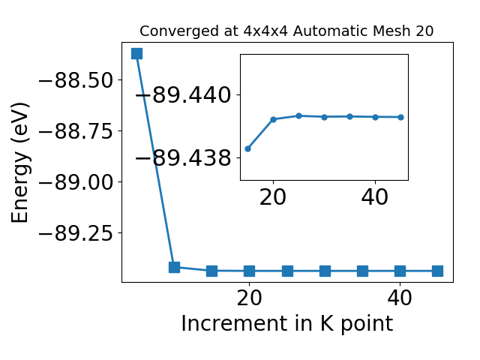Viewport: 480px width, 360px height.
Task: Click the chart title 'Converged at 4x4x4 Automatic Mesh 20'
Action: (x=286, y=31)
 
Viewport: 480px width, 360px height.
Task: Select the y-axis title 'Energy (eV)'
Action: (x=20, y=163)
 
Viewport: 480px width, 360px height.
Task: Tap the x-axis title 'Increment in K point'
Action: (x=286, y=324)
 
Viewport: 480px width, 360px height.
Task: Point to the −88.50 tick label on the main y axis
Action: (x=76, y=80)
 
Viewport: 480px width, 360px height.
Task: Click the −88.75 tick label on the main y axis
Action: (x=76, y=131)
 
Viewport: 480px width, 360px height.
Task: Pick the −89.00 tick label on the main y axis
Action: (x=76, y=181)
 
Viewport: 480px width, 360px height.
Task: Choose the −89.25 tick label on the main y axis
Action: (x=76, y=233)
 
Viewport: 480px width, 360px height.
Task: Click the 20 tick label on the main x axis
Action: (x=249, y=298)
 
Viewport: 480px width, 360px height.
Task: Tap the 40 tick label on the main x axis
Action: (x=400, y=298)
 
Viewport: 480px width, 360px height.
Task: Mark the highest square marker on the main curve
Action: (x=136, y=53)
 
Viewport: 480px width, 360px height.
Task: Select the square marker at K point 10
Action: (x=174, y=267)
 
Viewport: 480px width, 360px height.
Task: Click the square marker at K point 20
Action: (x=250, y=271)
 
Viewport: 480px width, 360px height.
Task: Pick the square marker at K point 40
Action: (x=400, y=271)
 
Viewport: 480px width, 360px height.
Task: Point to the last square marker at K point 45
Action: (x=437, y=271)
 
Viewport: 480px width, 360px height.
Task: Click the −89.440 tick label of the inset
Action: (x=183, y=95)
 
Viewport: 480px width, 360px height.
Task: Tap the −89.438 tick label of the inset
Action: (x=183, y=158)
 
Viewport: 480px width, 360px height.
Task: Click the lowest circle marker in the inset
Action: (x=248, y=148)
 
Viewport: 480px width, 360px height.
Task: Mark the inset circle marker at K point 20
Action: (x=273, y=119)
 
